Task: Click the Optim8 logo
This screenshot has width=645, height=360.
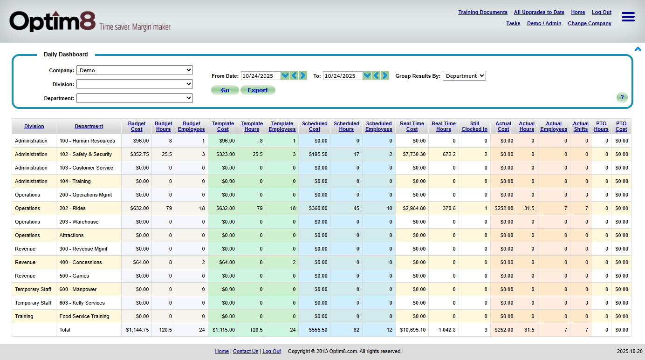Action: [53, 21]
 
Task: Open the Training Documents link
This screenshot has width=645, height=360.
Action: [482, 13]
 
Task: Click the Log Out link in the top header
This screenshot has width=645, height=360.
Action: [601, 13]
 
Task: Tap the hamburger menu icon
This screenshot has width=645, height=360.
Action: [628, 17]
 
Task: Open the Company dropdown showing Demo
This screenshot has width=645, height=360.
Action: [134, 70]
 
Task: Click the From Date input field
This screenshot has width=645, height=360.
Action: [261, 76]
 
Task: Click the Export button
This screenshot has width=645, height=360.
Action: [258, 90]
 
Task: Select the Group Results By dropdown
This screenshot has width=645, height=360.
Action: [464, 76]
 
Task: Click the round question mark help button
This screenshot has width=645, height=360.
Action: [622, 97]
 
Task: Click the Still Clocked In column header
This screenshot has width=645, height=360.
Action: [474, 127]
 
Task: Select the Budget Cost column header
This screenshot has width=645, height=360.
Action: [137, 127]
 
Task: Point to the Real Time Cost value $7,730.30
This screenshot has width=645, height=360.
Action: [412, 154]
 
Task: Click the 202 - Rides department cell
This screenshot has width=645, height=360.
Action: [73, 208]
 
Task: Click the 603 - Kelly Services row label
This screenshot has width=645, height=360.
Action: [82, 303]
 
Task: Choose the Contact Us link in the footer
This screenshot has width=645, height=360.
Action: [245, 352]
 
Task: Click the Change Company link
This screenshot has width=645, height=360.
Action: [589, 24]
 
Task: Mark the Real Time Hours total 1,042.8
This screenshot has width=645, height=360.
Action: [444, 330]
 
